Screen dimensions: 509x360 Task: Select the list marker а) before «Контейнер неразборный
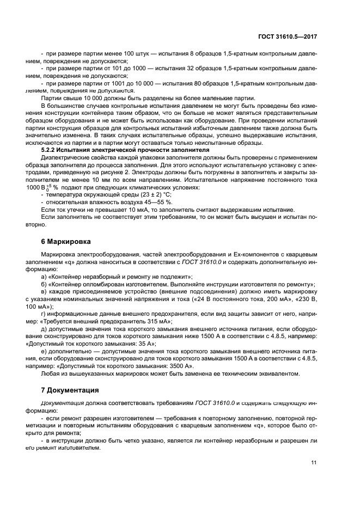coord(44,277)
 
